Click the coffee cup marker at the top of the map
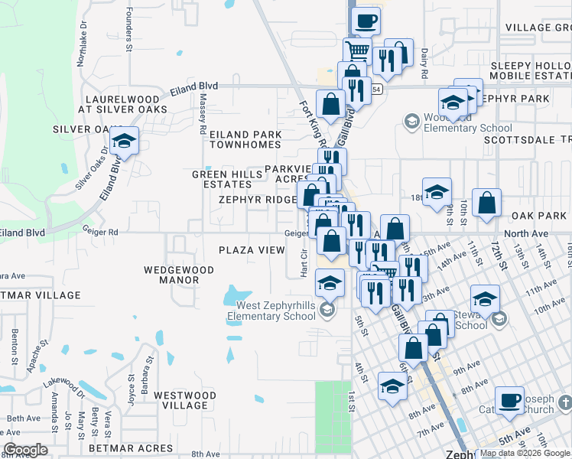pos(366,20)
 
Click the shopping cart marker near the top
pos(357,53)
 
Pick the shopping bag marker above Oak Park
pos(486,204)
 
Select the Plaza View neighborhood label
pos(252,250)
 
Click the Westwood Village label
pos(180,400)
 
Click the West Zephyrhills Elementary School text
pos(271,311)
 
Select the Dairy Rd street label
pos(424,64)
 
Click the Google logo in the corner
pos(26,450)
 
